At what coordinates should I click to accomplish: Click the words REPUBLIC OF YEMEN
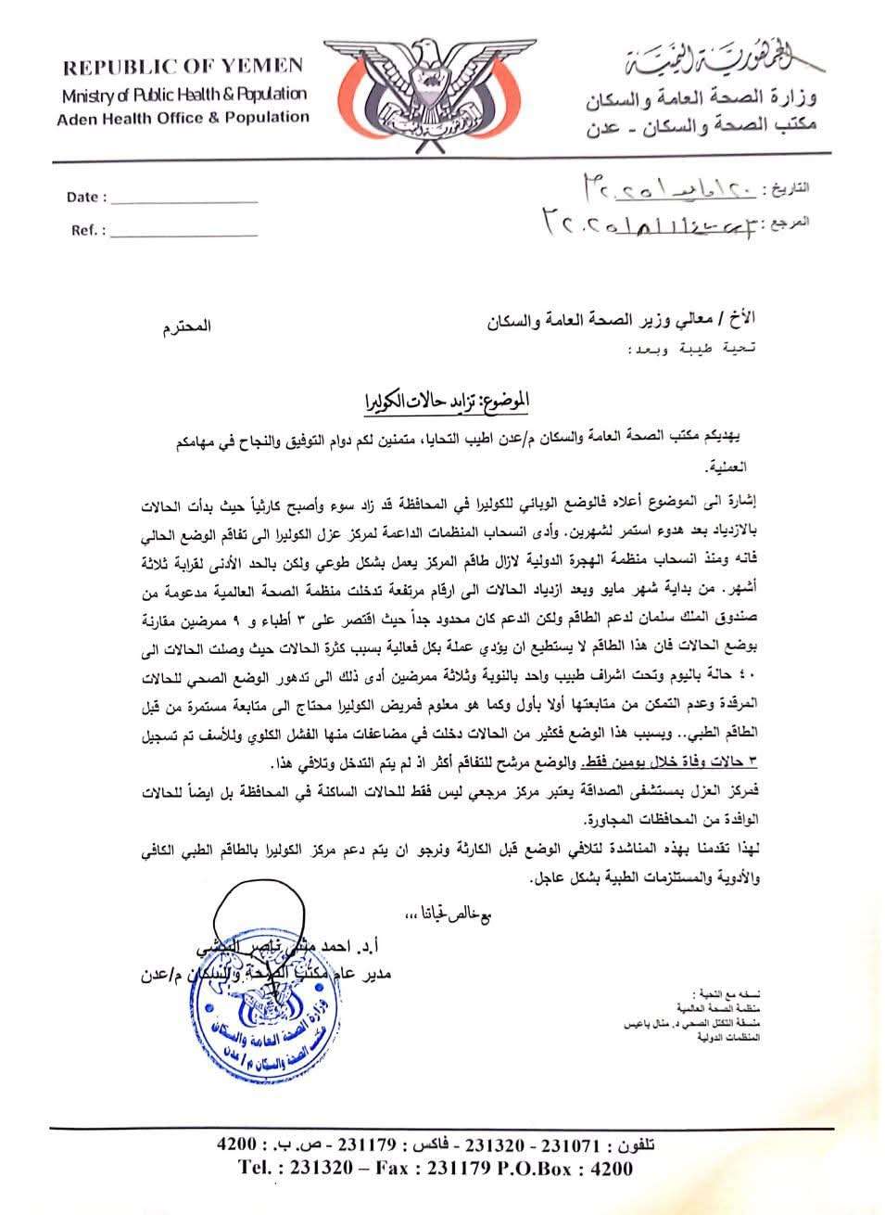click(x=183, y=66)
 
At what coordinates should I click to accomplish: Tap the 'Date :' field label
click(x=86, y=197)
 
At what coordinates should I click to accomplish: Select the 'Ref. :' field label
click(x=88, y=231)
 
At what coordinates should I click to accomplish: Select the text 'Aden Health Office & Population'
click(x=183, y=118)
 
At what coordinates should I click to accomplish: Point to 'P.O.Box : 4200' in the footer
click(x=567, y=1168)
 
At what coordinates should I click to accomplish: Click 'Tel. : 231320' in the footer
click(x=297, y=1168)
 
